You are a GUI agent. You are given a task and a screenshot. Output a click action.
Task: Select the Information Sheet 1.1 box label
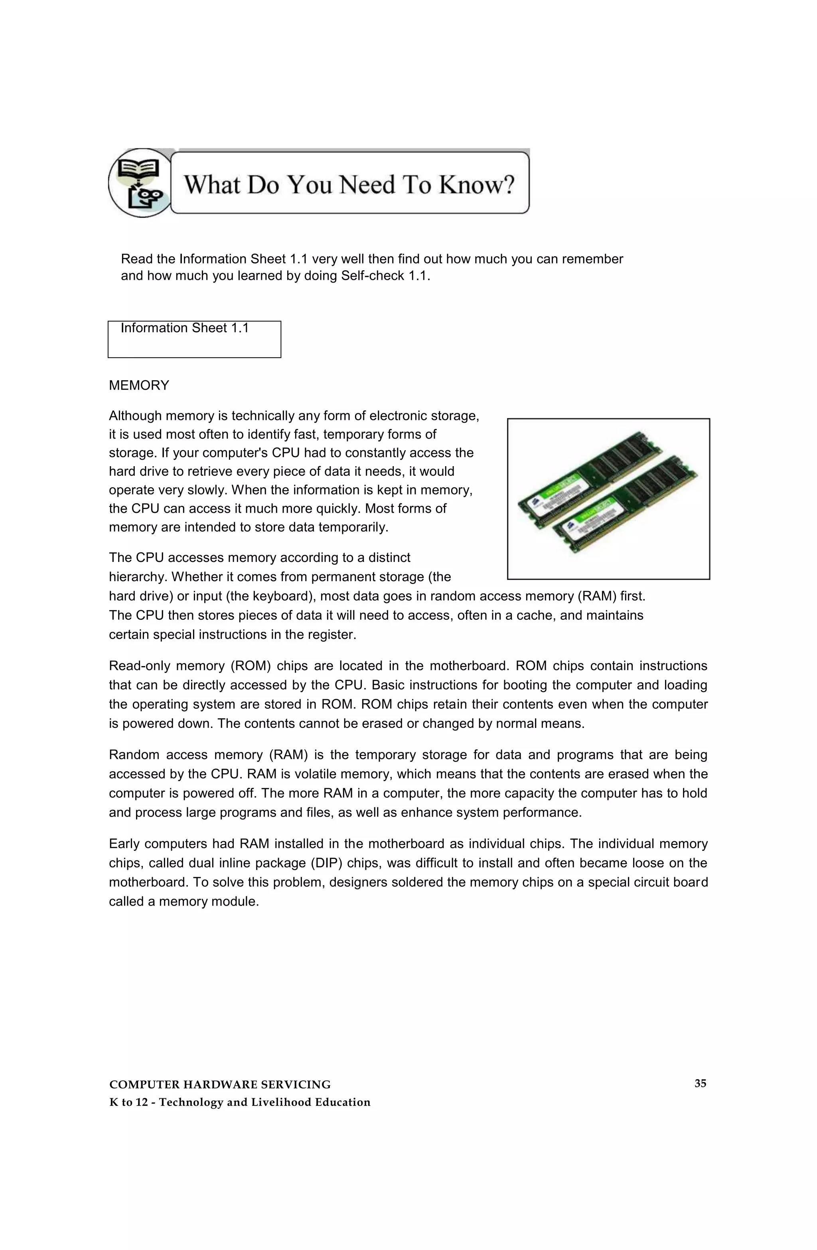point(184,328)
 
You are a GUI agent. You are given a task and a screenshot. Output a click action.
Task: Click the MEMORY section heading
point(138,386)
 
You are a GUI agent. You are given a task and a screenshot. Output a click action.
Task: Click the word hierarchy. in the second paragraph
point(138,577)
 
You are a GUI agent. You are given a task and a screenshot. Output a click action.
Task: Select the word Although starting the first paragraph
point(135,416)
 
